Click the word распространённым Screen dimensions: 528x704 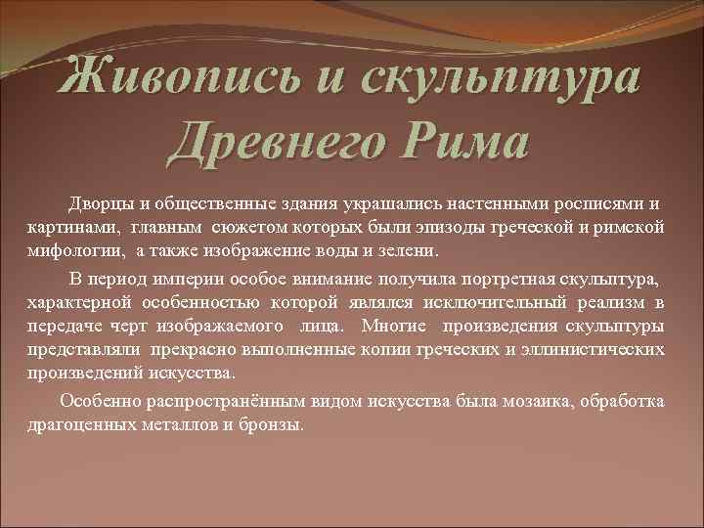195,402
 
